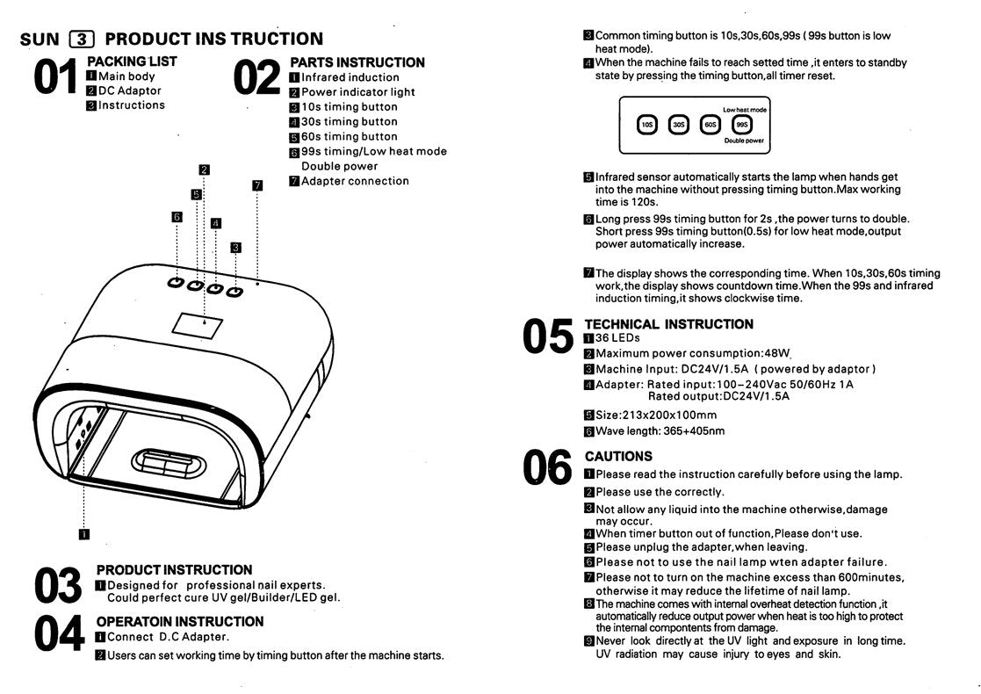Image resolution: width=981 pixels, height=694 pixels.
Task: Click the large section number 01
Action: pos(57,77)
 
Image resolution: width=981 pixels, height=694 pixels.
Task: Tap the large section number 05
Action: pos(547,338)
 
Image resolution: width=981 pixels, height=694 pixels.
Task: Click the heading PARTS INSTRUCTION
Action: pos(357,62)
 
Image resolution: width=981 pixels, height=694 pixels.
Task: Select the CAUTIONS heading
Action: pos(618,456)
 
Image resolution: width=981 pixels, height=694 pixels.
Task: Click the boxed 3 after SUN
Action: pos(82,39)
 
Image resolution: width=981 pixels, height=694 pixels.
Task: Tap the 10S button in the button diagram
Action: pos(646,125)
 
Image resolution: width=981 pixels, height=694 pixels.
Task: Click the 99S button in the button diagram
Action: pos(741,125)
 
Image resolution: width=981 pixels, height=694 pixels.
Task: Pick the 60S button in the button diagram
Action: pos(710,125)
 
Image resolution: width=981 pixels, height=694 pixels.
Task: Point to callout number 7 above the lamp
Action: pos(256,185)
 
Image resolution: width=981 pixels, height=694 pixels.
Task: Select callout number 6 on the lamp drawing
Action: pos(177,216)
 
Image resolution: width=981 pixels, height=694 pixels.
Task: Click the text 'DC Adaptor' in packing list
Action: pos(130,90)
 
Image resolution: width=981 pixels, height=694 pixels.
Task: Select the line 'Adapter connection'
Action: pos(355,181)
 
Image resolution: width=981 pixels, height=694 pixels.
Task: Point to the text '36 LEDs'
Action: pos(617,338)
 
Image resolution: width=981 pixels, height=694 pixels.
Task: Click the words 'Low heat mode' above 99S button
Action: pos(745,109)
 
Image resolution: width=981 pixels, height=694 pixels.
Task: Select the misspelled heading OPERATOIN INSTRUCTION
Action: pos(179,621)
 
